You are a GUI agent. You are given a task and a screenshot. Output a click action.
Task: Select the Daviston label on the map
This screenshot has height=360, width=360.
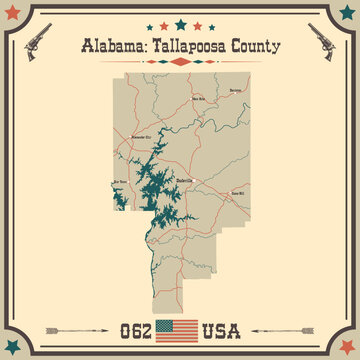point(236,90)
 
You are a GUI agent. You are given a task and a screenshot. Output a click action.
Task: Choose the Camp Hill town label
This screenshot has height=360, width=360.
point(237,164)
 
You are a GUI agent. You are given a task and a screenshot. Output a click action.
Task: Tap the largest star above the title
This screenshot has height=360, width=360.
point(180,23)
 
